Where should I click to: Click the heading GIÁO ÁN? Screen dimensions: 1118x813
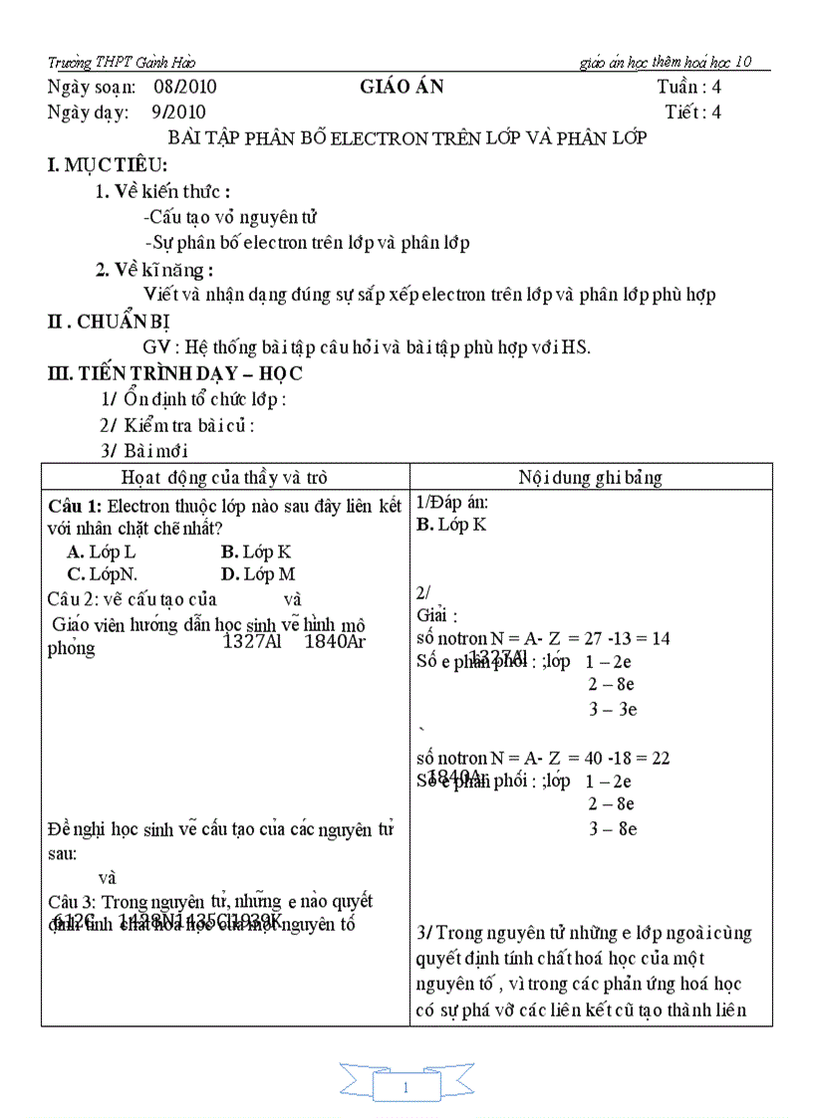coord(402,87)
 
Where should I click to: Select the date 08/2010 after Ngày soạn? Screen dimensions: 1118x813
coord(186,87)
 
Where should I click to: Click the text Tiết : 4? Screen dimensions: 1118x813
coord(692,112)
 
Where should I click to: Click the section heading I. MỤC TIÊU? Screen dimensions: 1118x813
coord(108,165)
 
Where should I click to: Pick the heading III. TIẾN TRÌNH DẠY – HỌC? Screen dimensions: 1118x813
coord(175,373)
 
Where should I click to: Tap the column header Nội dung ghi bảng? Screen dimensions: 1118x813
coord(590,477)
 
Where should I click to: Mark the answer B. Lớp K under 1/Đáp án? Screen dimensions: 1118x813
coord(451,525)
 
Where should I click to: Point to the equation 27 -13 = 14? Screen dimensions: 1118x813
coord(635,638)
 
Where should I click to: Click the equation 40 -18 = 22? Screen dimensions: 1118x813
coord(634,758)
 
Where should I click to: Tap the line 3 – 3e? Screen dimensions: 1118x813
coord(612,709)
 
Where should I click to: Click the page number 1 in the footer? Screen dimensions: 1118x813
coord(406,1088)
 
